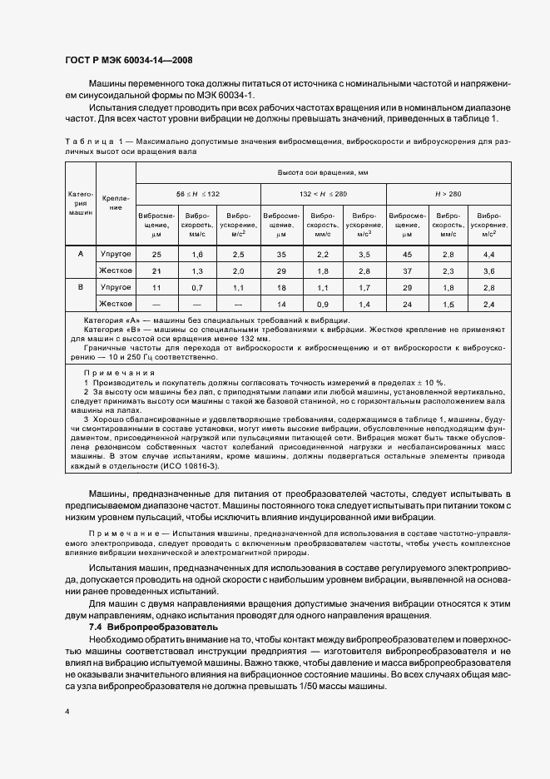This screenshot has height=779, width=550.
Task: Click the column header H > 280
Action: pyautogui.click(x=448, y=193)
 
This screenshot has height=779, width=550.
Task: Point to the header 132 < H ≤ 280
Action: pyautogui.click(x=324, y=193)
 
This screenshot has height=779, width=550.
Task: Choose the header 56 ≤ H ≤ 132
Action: pyautogui.click(x=198, y=193)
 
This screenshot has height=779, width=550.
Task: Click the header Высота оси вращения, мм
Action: pyautogui.click(x=324, y=172)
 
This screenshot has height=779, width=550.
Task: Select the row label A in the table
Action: pyautogui.click(x=80, y=253)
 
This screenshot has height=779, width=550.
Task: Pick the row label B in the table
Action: pyautogui.click(x=80, y=287)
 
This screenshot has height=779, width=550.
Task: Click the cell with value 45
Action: pyautogui.click(x=407, y=253)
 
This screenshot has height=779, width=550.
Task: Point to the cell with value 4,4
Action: pyautogui.click(x=489, y=253)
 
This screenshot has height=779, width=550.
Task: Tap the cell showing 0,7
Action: pyautogui.click(x=198, y=287)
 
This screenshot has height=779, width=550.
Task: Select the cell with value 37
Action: pyautogui.click(x=407, y=270)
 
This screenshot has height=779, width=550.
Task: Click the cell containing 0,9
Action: pyautogui.click(x=323, y=305)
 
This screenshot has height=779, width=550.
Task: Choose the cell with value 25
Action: pyautogui.click(x=156, y=253)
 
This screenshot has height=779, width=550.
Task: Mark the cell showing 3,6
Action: pyautogui.click(x=489, y=270)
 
